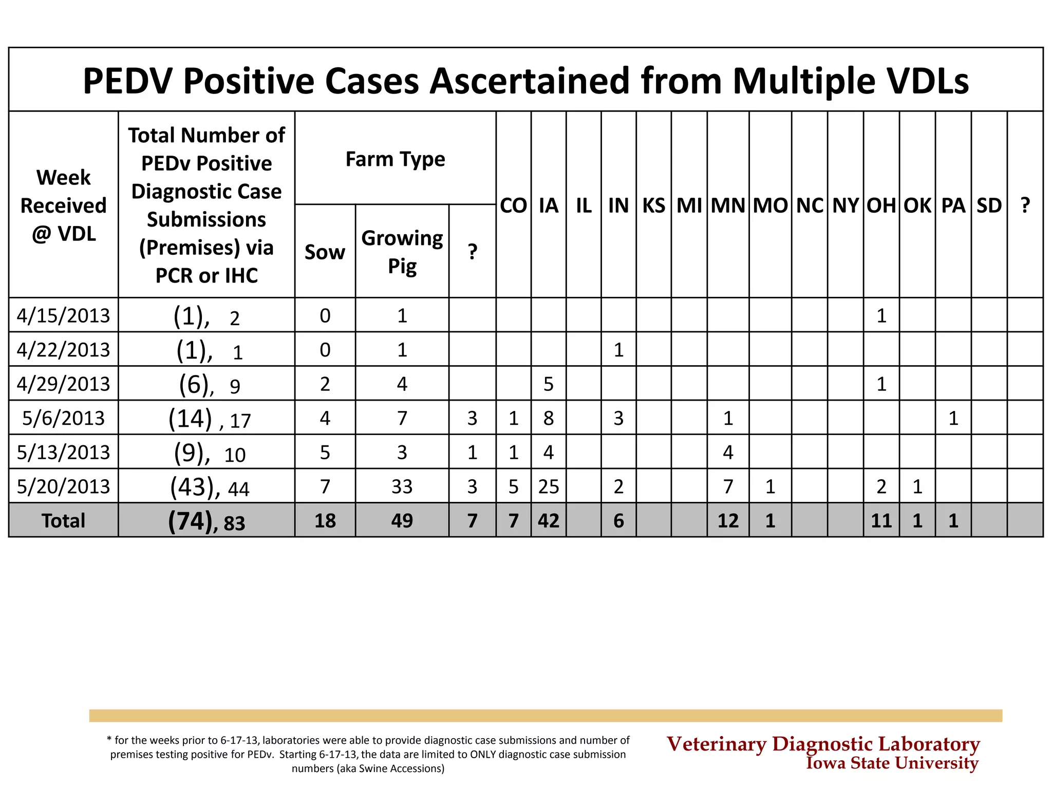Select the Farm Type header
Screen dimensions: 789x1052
coord(395,159)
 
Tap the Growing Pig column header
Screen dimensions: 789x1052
coord(402,252)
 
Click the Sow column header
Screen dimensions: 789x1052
coord(325,252)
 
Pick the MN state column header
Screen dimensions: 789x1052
coord(728,205)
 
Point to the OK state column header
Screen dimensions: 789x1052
coord(917,205)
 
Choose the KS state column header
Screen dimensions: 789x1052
coord(653,205)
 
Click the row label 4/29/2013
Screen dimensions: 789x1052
coord(63,384)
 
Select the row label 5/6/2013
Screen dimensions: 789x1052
coord(63,418)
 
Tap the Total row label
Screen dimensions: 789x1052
coord(63,520)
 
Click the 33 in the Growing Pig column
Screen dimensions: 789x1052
coord(402,486)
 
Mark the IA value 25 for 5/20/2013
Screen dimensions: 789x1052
coord(549,486)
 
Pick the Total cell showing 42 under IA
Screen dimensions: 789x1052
coord(549,520)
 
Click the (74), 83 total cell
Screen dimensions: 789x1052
coord(206,521)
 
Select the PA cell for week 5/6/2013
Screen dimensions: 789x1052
coord(953,418)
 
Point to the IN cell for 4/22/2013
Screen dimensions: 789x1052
coord(618,350)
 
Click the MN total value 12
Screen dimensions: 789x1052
coord(728,520)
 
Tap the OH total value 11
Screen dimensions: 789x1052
coord(881,520)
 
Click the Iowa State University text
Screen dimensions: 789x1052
coord(892,763)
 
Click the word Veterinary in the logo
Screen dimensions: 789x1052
coord(716,744)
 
